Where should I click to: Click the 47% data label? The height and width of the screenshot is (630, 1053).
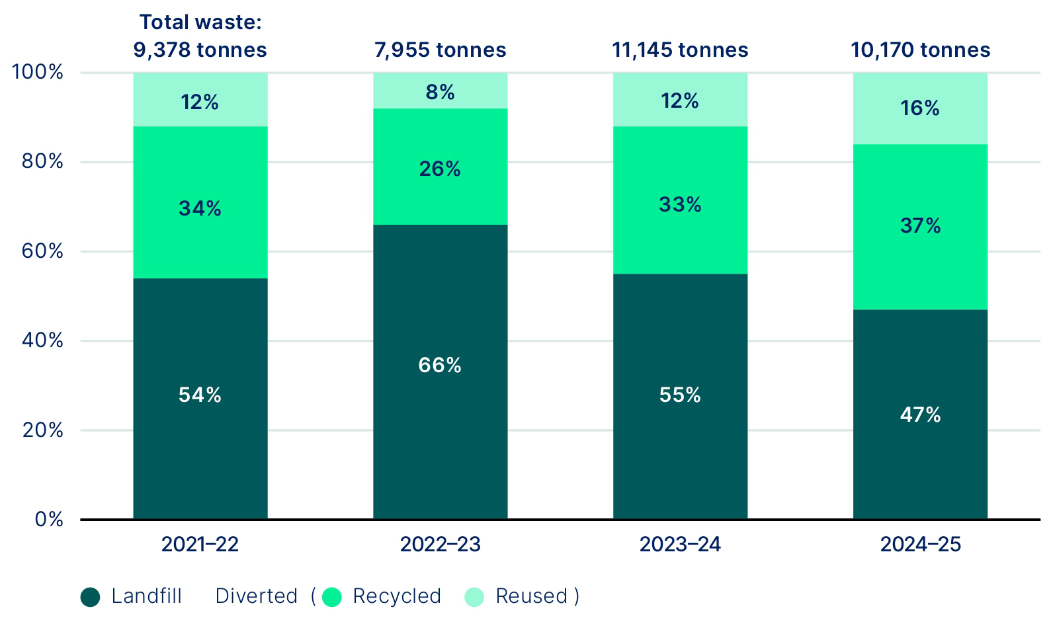coord(920,414)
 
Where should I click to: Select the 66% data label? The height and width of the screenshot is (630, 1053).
coord(440,365)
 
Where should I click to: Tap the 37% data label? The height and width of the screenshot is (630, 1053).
coord(920,226)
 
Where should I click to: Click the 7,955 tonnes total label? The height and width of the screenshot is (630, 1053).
coord(440,50)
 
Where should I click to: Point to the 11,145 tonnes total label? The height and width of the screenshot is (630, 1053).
coord(680,50)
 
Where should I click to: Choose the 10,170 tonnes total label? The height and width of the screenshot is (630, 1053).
coord(920,50)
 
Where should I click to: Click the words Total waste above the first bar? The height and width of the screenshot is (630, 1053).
coord(200,22)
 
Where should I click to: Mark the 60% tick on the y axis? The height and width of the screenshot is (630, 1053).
coord(42,251)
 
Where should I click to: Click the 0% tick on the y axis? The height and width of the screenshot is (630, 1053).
coord(50,520)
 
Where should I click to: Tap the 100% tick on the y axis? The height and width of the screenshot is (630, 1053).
coord(38,72)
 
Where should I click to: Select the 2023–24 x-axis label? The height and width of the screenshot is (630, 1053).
coord(680,544)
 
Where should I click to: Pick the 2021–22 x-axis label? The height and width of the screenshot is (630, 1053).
coord(200,544)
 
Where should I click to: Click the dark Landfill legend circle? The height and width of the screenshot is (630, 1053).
coord(90,597)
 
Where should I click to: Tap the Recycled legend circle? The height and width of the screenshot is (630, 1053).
coord(331,597)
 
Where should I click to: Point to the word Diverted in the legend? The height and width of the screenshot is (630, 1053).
coord(256,596)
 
